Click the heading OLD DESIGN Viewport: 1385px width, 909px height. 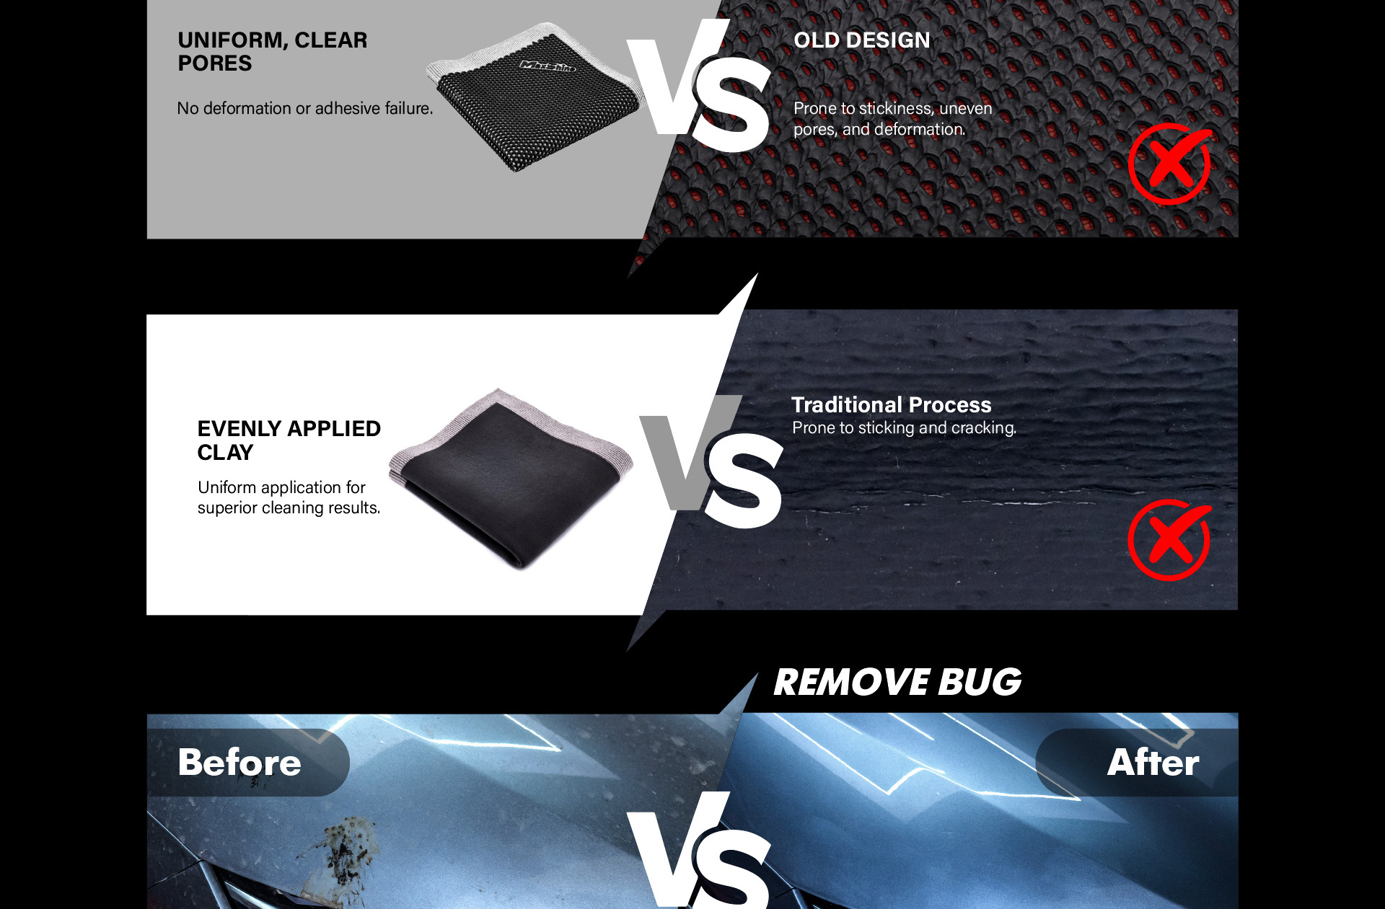coord(862,40)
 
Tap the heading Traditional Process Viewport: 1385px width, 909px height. coord(891,404)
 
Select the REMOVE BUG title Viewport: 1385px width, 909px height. coord(897,682)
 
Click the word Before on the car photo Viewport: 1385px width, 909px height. coord(239,762)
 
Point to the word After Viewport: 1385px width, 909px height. coord(1153,762)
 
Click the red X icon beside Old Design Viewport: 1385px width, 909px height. coord(1170,164)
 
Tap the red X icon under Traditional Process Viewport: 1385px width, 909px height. coord(1170,540)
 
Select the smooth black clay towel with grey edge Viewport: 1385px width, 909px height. coord(511,479)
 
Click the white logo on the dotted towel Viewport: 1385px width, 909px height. coord(548,66)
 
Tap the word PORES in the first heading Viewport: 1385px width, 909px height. coord(215,63)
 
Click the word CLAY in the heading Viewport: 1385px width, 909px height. coord(225,453)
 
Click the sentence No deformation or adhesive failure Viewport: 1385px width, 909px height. coord(305,108)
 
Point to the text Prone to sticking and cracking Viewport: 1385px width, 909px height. coord(904,427)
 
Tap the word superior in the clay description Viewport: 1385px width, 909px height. coord(227,508)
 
